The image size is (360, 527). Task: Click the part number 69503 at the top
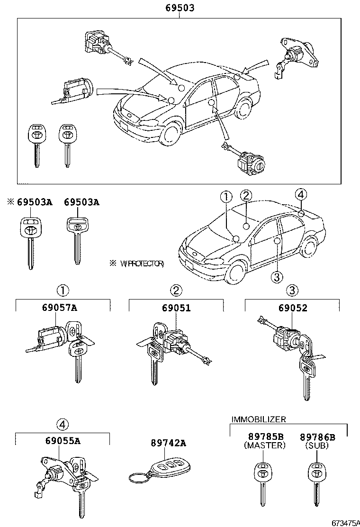click(180, 8)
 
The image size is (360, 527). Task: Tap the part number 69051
click(176, 308)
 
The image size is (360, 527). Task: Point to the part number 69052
click(292, 308)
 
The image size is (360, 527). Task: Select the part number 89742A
click(168, 443)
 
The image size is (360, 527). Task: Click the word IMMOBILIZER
click(258, 419)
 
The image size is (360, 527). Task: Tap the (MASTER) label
click(265, 446)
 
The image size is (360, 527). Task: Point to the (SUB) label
click(317, 446)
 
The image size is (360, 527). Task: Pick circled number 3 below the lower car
click(278, 276)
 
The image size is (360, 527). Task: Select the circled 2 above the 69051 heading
click(176, 290)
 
